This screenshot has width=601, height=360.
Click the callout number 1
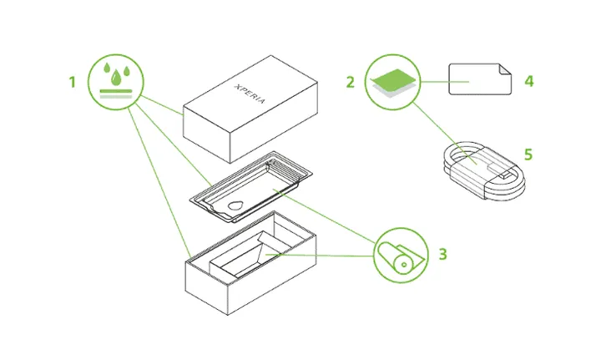[x=73, y=83]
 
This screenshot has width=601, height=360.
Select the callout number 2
[x=351, y=83]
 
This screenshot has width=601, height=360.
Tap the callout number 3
[x=444, y=252]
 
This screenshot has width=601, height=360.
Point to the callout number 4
[x=528, y=82]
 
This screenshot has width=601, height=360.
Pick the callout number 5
[x=527, y=155]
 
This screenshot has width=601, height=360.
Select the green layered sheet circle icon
[x=392, y=83]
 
